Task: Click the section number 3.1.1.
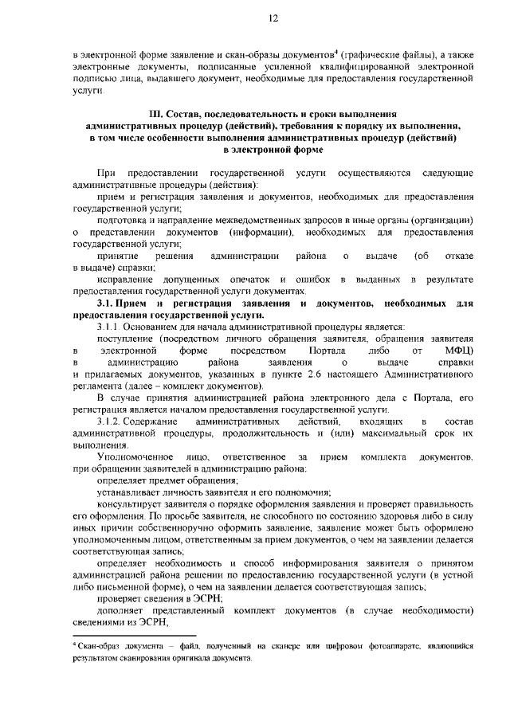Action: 111,327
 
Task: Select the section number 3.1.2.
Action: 111,420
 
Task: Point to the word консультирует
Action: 131,504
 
